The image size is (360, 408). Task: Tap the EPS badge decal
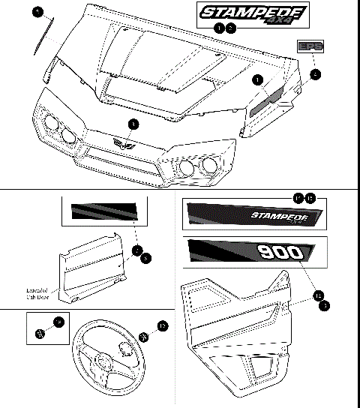click(x=310, y=46)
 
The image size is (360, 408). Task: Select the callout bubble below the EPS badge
click(x=316, y=73)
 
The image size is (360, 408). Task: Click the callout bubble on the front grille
click(x=133, y=123)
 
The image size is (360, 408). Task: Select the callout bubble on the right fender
click(x=257, y=78)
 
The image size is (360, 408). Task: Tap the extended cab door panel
click(x=90, y=266)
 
